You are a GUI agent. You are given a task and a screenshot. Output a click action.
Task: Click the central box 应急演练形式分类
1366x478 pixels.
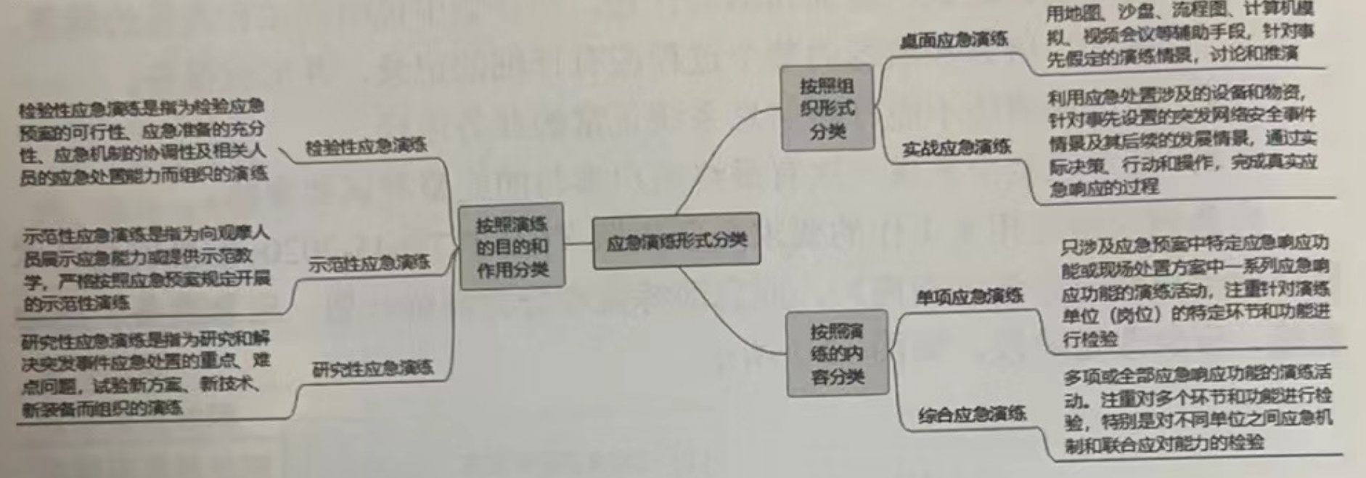point(676,240)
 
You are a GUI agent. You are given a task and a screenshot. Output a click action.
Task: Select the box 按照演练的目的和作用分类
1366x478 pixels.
point(512,247)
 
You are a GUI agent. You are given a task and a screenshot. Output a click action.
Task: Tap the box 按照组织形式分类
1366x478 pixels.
point(827,108)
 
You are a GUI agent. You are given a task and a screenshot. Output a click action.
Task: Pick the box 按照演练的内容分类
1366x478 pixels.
point(837,354)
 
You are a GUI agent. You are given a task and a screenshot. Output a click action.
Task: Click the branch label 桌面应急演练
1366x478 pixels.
point(954,40)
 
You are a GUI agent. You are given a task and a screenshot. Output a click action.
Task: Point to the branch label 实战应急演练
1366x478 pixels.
point(956,148)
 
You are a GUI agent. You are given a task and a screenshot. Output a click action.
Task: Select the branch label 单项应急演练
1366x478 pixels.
point(969,296)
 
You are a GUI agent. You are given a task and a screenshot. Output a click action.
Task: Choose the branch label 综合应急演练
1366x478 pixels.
point(972,415)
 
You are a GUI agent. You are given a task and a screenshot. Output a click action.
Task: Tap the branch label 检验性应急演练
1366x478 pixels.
point(366,147)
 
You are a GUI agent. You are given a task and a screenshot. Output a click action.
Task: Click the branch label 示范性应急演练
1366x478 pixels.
point(369,263)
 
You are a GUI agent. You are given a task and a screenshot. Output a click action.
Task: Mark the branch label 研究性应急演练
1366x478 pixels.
point(372,369)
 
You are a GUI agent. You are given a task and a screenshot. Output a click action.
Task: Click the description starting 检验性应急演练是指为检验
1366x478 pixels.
point(143,142)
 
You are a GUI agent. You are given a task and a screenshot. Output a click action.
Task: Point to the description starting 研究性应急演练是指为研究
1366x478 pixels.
point(145,373)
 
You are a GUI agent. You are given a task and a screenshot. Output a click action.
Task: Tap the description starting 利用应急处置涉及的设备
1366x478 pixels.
point(1182,139)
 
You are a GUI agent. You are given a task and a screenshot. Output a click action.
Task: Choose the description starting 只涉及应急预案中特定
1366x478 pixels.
point(1195,290)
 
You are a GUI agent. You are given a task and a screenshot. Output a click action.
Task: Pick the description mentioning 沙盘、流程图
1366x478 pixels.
point(1179,33)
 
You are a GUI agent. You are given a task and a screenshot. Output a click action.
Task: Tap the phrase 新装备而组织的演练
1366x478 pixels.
point(102,408)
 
